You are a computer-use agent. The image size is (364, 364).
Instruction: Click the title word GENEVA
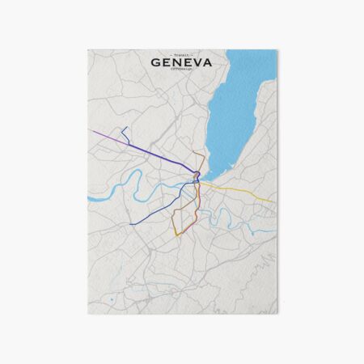tap(182, 63)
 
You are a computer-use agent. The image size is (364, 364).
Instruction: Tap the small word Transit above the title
tap(182, 53)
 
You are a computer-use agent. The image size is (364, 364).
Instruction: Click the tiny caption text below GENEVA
tap(182, 72)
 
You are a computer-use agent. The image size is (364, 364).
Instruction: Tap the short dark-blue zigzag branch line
tap(125, 133)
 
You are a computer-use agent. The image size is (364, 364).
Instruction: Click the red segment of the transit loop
tap(188, 228)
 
